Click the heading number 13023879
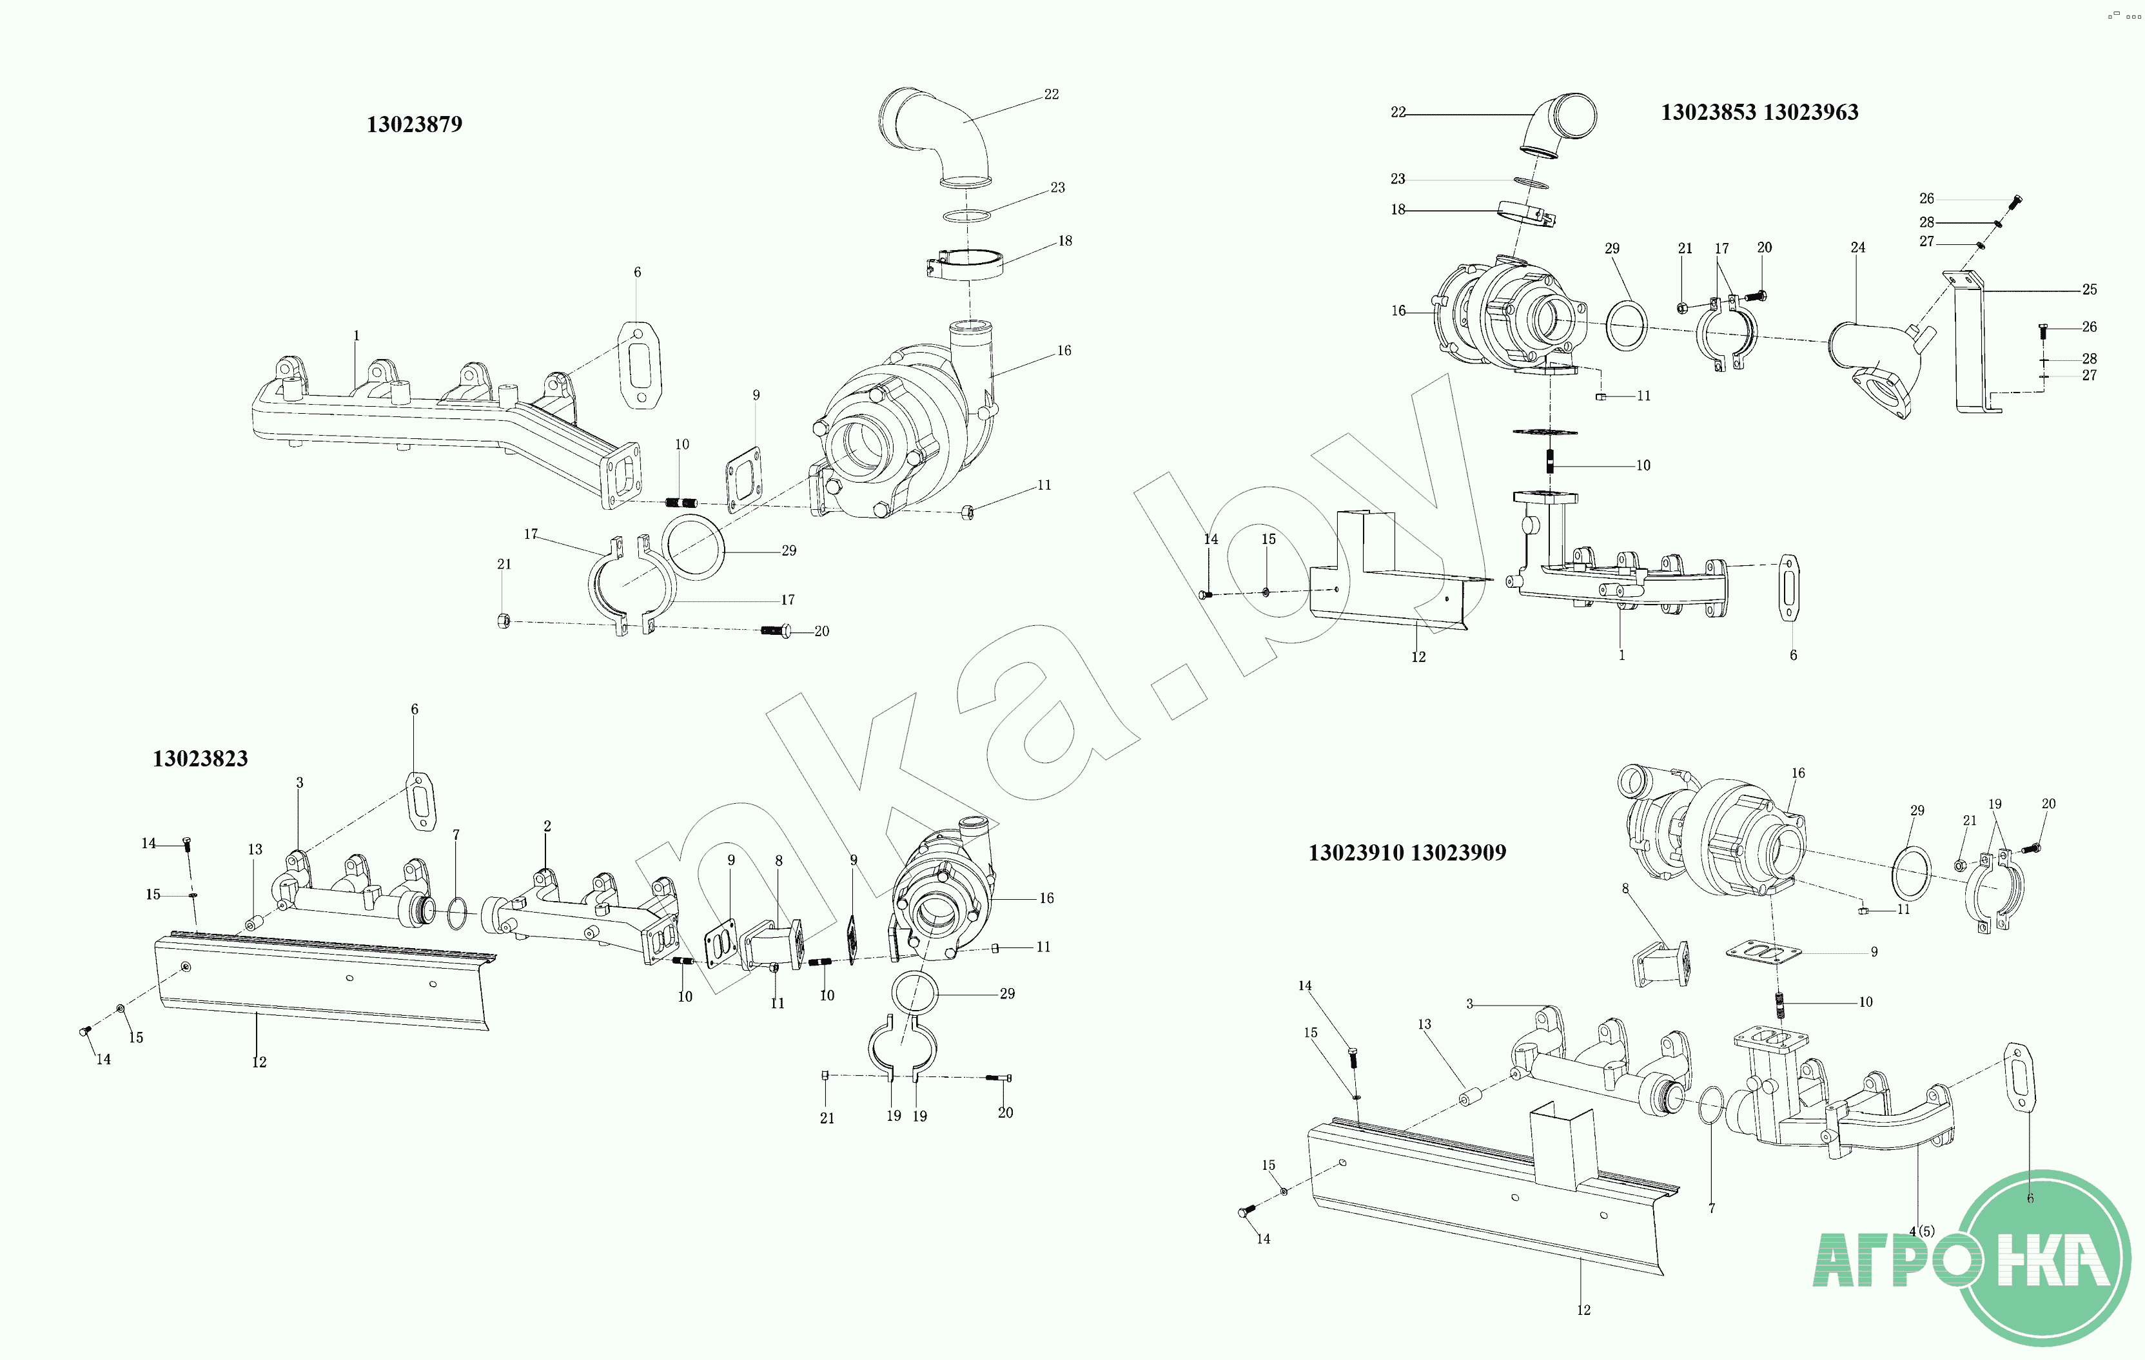(x=414, y=124)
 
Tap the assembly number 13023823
(x=201, y=759)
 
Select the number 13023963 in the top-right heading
(x=1811, y=113)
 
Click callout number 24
(x=1857, y=248)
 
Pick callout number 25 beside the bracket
(x=2089, y=289)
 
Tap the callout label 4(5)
(x=1921, y=1231)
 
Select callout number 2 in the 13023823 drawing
(x=547, y=826)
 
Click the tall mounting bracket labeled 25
(x=1973, y=347)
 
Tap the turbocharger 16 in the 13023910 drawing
(x=1719, y=842)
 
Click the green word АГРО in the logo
(x=1897, y=1259)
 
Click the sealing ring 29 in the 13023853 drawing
(x=1627, y=326)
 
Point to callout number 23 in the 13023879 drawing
(x=1057, y=188)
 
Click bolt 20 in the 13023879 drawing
(x=777, y=630)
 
